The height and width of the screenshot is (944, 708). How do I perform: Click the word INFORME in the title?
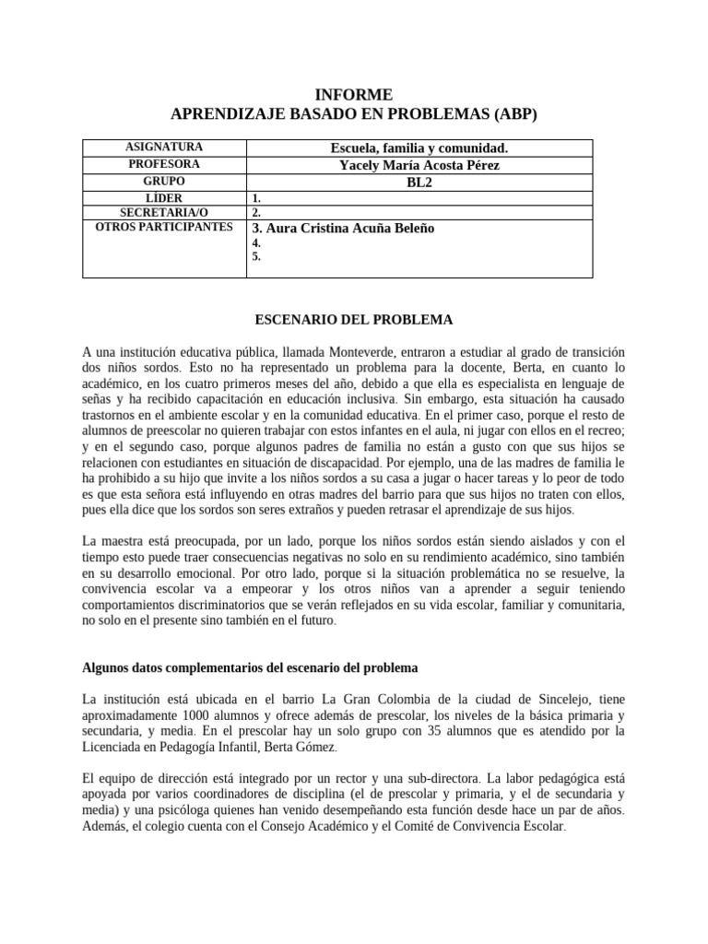pos(353,95)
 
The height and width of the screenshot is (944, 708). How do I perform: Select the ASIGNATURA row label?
pos(165,147)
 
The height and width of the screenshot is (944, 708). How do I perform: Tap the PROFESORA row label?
pos(165,164)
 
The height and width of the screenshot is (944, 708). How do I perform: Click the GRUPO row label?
pos(165,181)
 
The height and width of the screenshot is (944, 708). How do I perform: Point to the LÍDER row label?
pos(165,197)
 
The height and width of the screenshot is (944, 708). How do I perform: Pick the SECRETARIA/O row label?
pos(165,212)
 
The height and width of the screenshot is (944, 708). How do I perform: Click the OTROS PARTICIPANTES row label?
pos(165,227)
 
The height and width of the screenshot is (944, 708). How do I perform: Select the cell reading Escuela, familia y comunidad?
pos(419,147)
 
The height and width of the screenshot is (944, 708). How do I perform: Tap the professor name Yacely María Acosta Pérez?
pos(419,164)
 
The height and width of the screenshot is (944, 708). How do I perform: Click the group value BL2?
pos(419,181)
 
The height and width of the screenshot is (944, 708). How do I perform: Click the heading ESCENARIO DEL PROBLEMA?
pos(353,319)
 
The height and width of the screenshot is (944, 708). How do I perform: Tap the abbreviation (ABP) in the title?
pos(508,113)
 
